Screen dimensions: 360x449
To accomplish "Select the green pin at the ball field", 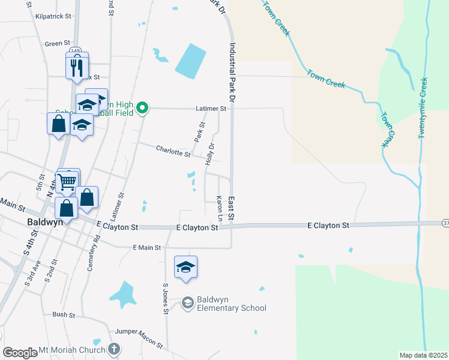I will pos(142,108).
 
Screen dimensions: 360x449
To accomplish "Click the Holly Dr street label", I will pos(210,155).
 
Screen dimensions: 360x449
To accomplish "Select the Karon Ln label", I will pos(220,208).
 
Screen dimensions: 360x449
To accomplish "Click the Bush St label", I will pos(63,314).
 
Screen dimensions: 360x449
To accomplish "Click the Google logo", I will pos(20,353).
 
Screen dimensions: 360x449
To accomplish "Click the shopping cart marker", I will pos(67,181).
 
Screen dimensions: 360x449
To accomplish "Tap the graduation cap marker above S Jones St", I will pos(186,267).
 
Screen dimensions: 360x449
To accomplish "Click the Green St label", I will pos(58,44).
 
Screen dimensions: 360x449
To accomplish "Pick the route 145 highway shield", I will pos(74,50).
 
